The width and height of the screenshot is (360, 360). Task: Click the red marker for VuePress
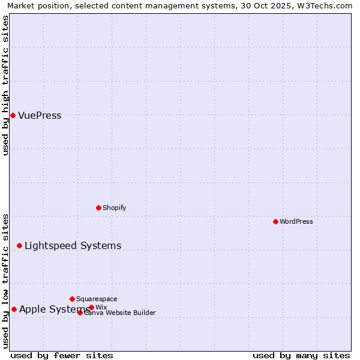click(13, 115)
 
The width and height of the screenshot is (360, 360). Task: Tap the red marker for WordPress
click(275, 221)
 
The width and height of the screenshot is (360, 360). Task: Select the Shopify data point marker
click(98, 208)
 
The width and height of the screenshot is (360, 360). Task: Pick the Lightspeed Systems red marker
click(19, 245)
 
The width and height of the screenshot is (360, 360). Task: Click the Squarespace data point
click(72, 299)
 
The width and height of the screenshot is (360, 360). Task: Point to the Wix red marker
click(91, 307)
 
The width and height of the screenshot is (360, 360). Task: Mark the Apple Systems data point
click(14, 309)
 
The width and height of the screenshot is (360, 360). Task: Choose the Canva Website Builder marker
click(80, 313)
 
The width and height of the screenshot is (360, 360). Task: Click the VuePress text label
click(40, 116)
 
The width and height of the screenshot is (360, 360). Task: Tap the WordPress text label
click(296, 221)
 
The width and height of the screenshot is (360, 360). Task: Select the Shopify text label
click(114, 208)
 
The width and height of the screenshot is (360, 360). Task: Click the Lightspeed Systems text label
click(73, 245)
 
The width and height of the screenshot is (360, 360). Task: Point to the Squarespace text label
click(97, 299)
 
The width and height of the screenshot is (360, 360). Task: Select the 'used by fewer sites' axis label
click(62, 355)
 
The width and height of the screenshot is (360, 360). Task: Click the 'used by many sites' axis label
click(301, 355)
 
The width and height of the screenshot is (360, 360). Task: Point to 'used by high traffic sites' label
click(6, 85)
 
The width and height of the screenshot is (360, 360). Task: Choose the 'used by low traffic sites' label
click(6, 281)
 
